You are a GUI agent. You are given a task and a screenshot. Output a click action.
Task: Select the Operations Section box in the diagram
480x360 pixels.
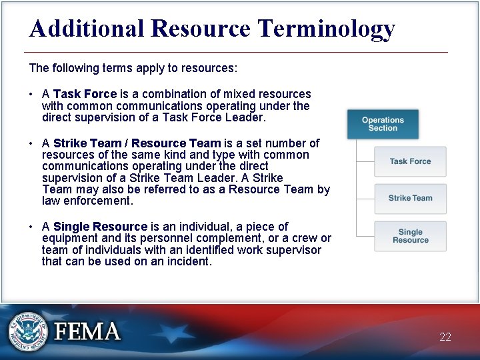tap(383, 124)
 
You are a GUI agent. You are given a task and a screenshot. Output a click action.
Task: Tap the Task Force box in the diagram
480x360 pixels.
tap(410, 161)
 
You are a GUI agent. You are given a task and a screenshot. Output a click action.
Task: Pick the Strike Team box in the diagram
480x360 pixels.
tap(410, 198)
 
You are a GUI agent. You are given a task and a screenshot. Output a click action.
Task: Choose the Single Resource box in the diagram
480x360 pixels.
tap(410, 236)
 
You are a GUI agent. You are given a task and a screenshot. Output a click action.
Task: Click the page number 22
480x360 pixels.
tap(445, 337)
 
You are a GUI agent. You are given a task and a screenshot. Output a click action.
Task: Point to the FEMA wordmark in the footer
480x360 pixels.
tap(87, 331)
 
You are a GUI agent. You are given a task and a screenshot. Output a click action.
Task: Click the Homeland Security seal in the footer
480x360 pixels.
tap(28, 331)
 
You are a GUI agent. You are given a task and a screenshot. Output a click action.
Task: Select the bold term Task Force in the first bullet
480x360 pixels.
tap(85, 94)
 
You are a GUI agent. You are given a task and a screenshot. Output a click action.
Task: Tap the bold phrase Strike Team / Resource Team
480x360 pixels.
tap(137, 143)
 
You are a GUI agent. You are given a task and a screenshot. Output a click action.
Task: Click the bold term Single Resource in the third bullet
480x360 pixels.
tap(100, 227)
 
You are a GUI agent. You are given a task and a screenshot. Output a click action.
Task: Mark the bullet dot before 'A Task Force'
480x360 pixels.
tap(32, 95)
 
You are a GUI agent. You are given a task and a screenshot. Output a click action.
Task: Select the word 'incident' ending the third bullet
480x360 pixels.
tap(189, 261)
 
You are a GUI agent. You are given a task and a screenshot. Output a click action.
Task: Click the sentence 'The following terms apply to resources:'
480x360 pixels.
tap(133, 68)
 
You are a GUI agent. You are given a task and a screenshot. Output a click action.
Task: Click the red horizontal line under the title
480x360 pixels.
tap(236, 52)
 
